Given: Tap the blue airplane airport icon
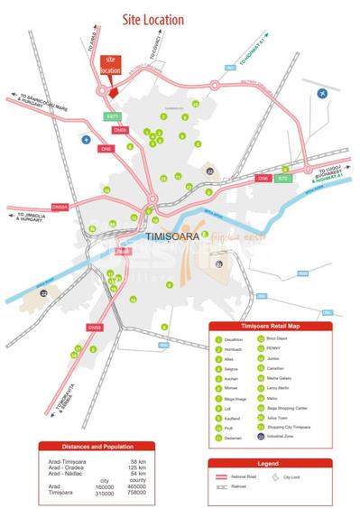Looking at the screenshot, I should (x=323, y=93).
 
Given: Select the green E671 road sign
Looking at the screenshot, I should (x=112, y=116).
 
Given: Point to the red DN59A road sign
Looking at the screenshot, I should (x=60, y=207).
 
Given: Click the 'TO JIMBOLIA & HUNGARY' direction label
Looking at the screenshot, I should (x=31, y=217).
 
